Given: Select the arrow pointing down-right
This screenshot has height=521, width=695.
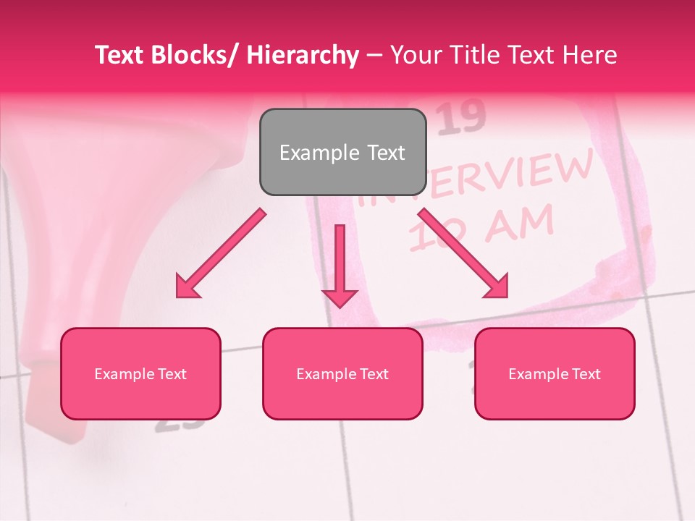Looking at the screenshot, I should [x=465, y=254].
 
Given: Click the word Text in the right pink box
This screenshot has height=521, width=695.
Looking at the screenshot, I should [x=586, y=374].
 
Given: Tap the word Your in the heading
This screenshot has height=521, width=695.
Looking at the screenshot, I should [x=415, y=55].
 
